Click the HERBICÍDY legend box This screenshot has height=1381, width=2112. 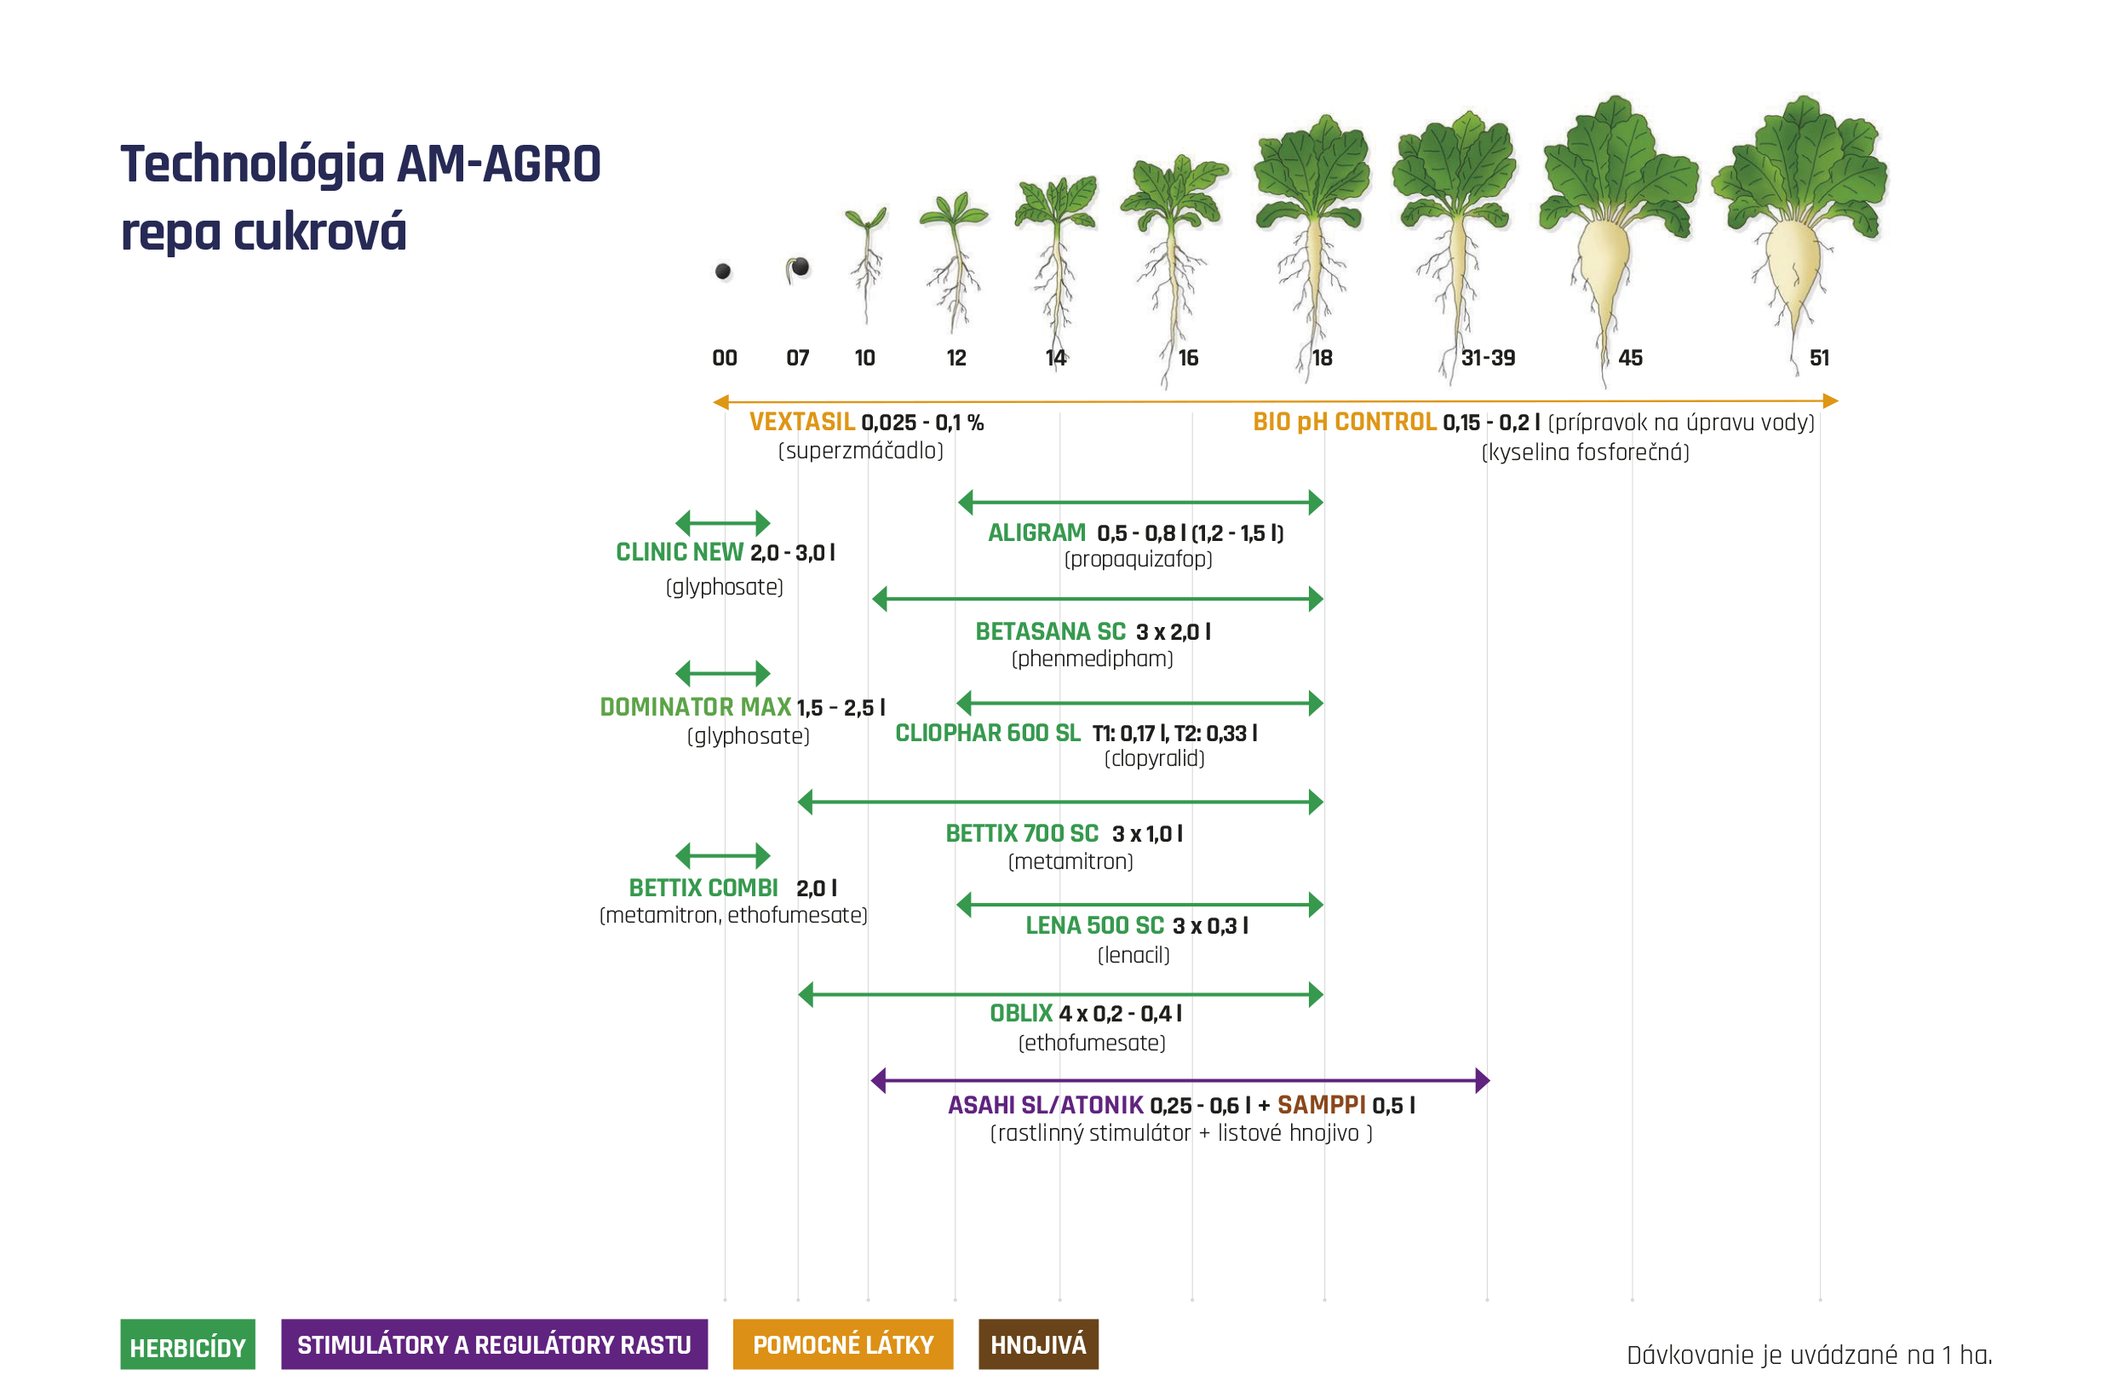click(187, 1344)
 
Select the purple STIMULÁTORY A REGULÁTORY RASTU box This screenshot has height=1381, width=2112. click(494, 1344)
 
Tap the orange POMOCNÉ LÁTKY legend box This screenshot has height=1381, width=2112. click(843, 1344)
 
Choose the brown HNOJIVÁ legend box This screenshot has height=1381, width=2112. click(1038, 1344)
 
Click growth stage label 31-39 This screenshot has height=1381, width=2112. click(1488, 358)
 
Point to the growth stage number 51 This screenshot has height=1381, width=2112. click(1819, 358)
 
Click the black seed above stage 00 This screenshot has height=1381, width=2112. click(723, 271)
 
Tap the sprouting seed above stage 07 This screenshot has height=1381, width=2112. click(798, 268)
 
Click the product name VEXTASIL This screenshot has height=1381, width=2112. click(802, 422)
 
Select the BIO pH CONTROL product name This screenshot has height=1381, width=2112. click(1345, 422)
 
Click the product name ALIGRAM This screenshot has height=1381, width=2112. click(1036, 532)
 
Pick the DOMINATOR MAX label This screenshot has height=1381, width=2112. click(696, 706)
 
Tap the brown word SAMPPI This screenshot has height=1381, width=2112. click(1322, 1105)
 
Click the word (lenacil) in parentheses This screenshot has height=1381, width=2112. click(1134, 955)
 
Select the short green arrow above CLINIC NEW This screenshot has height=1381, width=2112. click(722, 523)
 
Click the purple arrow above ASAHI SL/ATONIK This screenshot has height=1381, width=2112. click(1180, 1081)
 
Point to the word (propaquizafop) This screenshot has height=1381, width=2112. click(1139, 559)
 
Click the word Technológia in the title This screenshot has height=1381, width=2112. click(253, 164)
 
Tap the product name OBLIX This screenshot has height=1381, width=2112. click(1020, 1014)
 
